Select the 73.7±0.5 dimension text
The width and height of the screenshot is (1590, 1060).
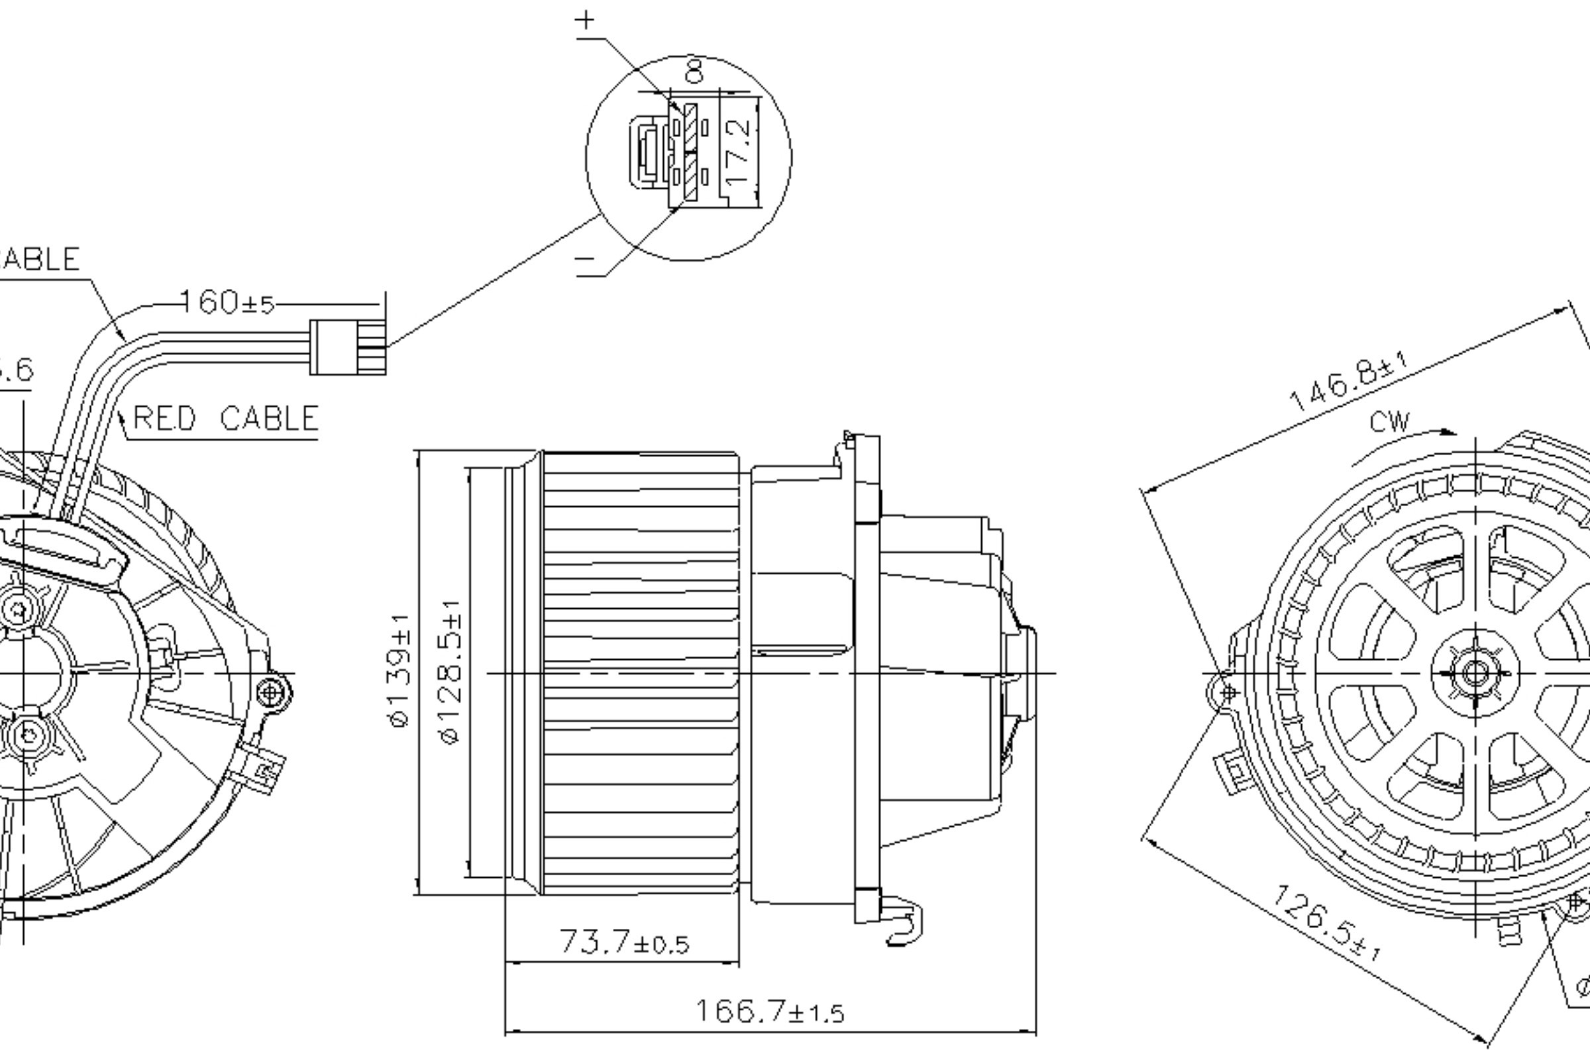click(623, 941)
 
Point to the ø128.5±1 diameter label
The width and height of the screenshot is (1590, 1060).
click(451, 671)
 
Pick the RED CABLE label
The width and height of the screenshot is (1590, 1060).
click(225, 419)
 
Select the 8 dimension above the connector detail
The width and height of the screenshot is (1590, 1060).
click(694, 70)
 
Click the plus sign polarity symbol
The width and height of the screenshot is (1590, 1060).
click(585, 21)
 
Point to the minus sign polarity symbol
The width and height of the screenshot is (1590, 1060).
click(585, 259)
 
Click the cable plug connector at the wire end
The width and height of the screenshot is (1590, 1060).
click(347, 347)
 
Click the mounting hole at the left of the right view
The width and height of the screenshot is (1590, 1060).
click(1228, 692)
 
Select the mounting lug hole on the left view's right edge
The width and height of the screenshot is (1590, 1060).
click(272, 692)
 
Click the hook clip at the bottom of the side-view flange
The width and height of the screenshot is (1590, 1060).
click(904, 924)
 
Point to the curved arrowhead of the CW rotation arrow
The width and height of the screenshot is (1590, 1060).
click(1447, 432)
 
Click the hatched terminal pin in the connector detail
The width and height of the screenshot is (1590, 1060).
click(690, 152)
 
